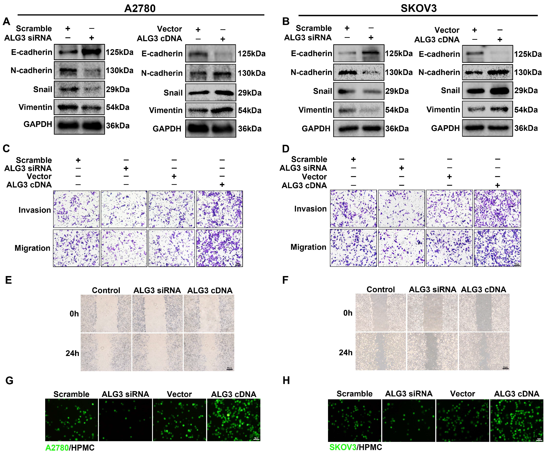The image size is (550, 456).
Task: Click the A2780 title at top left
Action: tap(140, 8)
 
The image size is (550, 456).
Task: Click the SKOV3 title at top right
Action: tap(418, 8)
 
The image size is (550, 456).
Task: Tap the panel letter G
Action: tap(9, 380)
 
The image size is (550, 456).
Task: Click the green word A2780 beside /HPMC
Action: tap(57, 448)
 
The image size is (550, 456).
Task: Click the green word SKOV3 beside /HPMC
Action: tap(342, 447)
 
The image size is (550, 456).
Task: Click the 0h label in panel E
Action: tap(74, 314)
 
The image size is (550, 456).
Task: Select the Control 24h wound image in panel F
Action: tap(380, 351)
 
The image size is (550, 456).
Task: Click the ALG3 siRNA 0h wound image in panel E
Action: tap(157, 314)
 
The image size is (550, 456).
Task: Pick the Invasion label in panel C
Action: tap(35, 210)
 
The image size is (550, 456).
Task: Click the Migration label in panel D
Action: tap(308, 247)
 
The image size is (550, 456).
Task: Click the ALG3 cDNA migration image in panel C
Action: tap(220, 248)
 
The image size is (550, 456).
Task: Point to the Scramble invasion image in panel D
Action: tap(353, 209)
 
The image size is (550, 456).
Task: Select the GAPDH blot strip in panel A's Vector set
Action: tap(211, 129)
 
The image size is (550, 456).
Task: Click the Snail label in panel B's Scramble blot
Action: tap(322, 91)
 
